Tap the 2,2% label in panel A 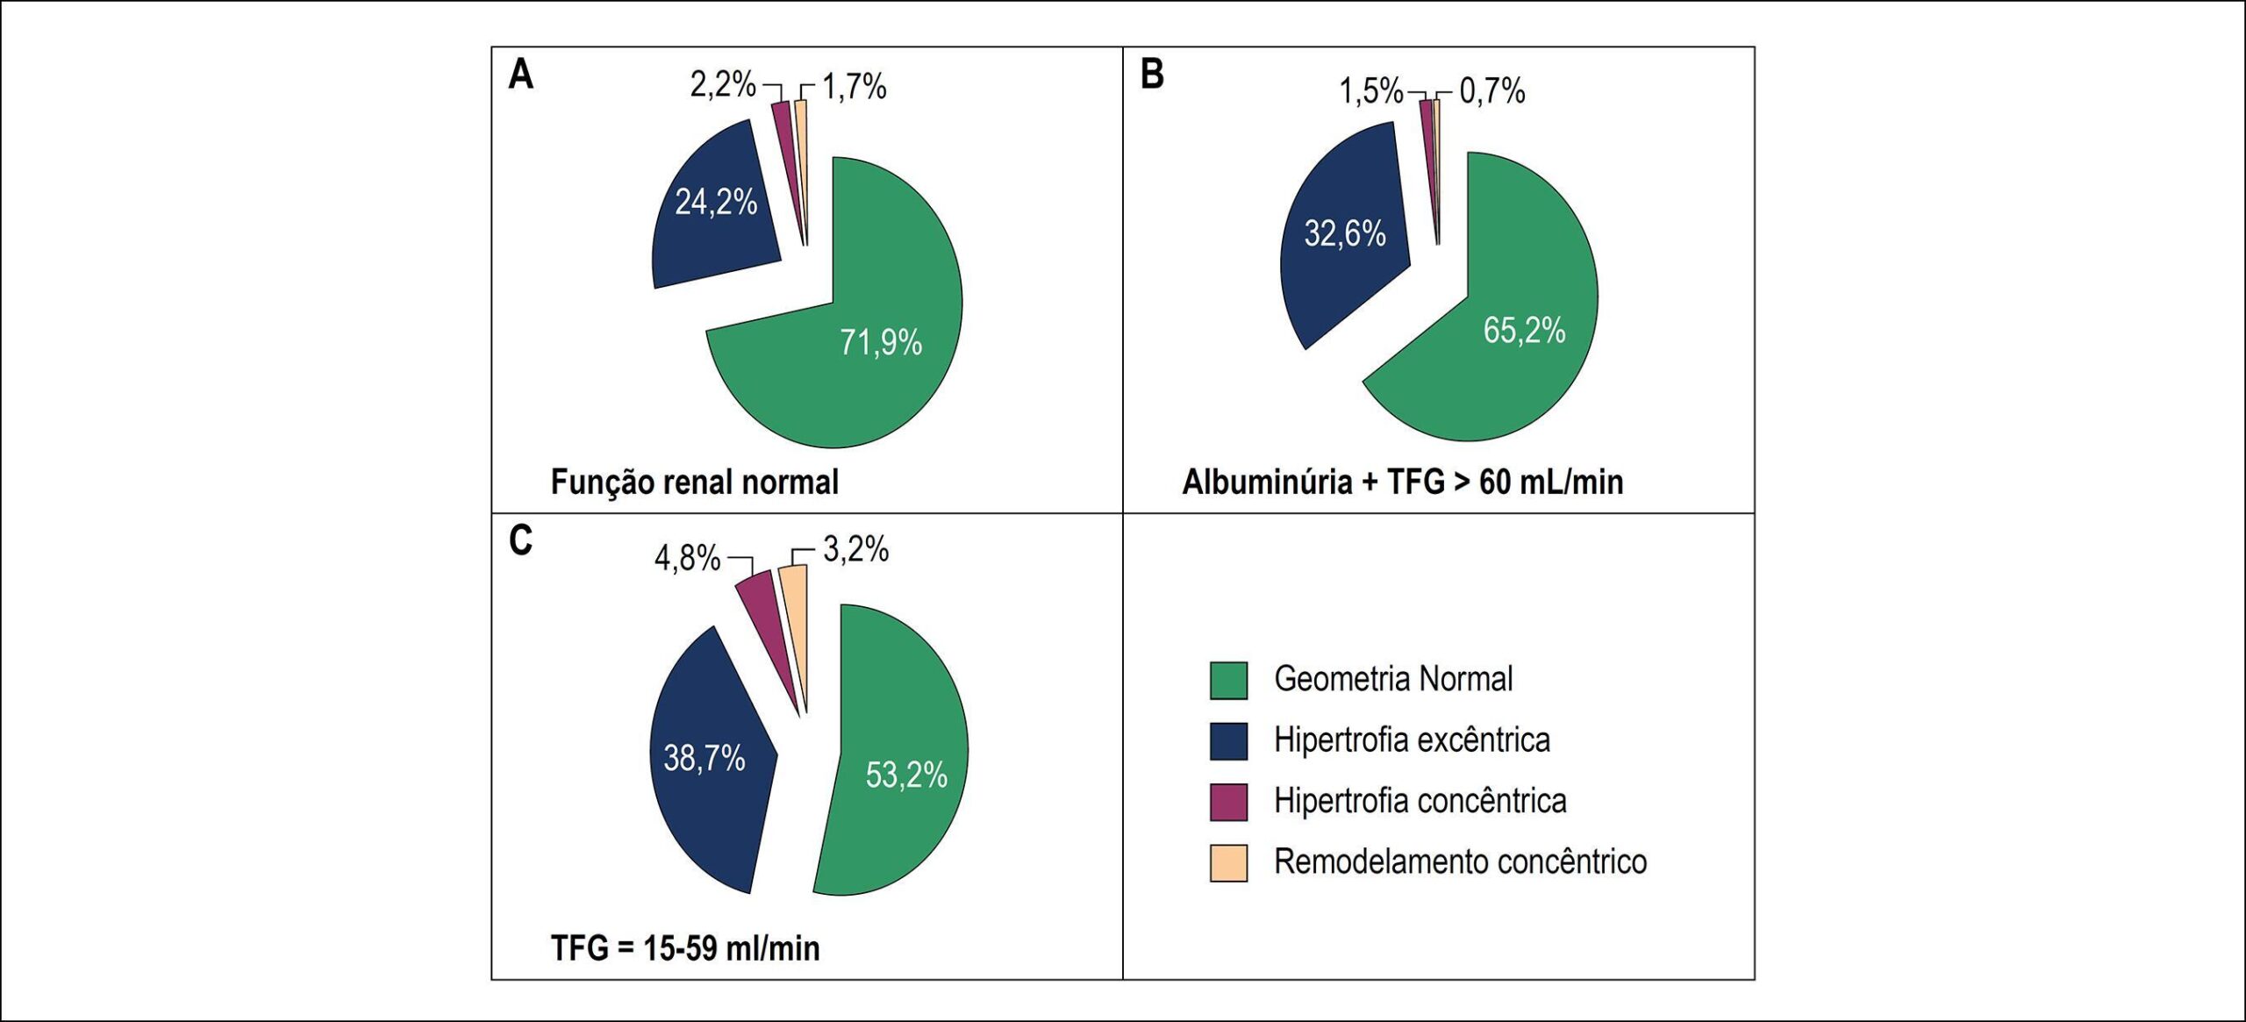click(722, 85)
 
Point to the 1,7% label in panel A click(854, 87)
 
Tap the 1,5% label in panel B click(1370, 90)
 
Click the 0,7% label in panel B click(1492, 90)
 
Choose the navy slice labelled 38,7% click(706, 759)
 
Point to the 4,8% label click(687, 558)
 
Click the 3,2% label click(855, 550)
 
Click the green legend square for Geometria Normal click(1228, 681)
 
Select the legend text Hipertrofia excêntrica click(1412, 740)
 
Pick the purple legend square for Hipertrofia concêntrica click(1228, 802)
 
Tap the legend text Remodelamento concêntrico click(1460, 862)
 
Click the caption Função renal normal click(694, 482)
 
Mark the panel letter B click(1152, 75)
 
